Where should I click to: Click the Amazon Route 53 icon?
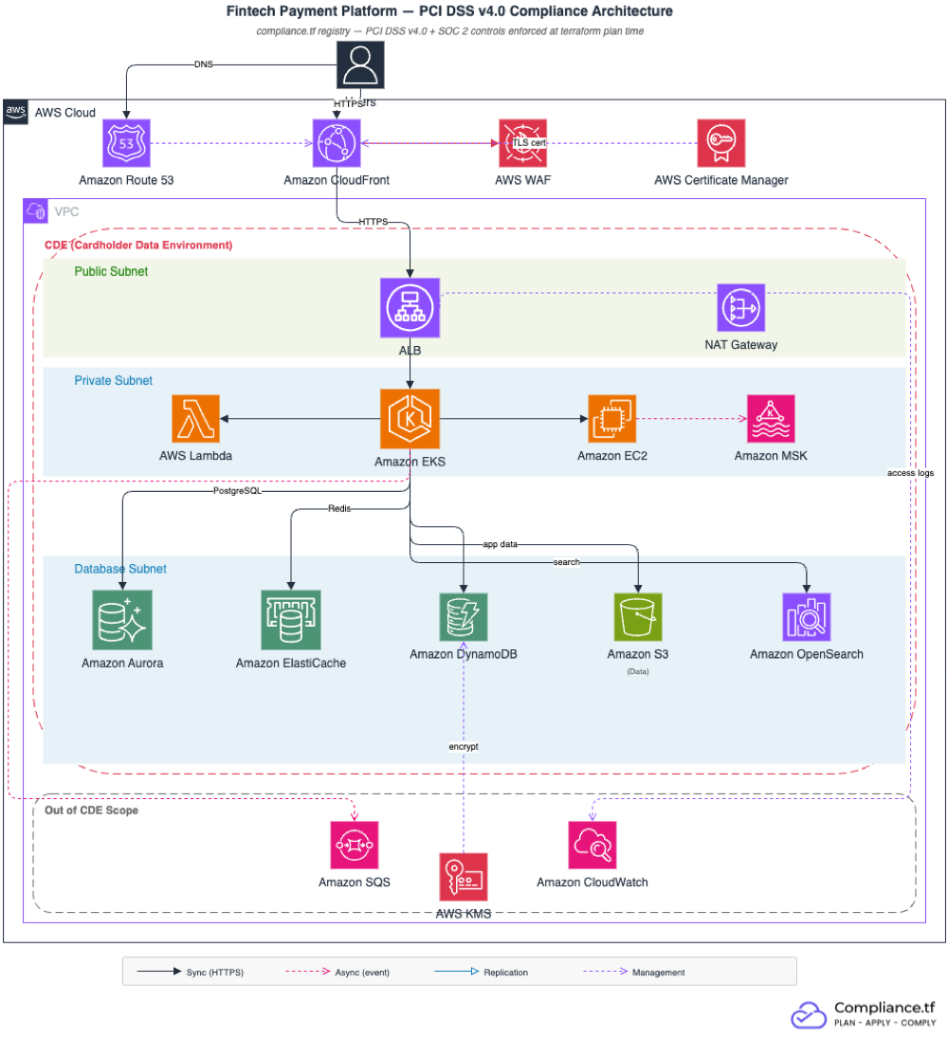[127, 143]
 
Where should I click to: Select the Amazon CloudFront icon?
[337, 143]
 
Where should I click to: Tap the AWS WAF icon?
[522, 143]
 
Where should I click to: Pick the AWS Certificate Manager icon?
[720, 143]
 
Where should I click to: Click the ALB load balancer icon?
[409, 308]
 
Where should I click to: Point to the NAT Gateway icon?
[740, 308]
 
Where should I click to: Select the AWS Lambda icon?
[195, 419]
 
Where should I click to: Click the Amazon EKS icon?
[409, 419]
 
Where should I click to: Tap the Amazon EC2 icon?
[611, 419]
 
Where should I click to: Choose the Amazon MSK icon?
[771, 419]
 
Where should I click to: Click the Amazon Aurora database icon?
[122, 620]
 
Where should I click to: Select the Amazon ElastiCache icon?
[291, 620]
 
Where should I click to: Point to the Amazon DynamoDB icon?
[463, 616]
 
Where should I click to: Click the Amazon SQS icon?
[354, 845]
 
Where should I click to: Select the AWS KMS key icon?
[463, 876]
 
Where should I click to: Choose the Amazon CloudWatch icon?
[592, 845]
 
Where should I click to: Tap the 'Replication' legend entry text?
[505, 973]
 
